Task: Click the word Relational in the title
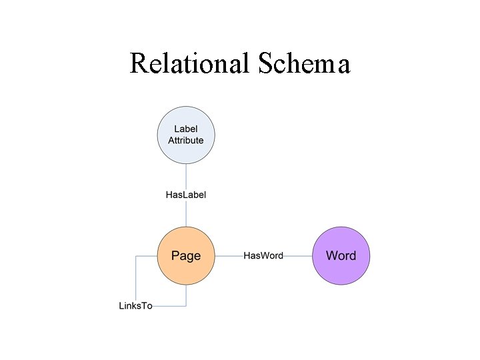(189, 63)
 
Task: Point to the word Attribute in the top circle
(185, 141)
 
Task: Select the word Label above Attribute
(185, 129)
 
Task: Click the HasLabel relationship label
(185, 195)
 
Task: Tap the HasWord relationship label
(263, 255)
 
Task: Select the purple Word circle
(341, 255)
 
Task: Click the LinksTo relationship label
(136, 306)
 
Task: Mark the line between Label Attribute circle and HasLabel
(185, 177)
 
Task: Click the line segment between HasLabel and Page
(185, 213)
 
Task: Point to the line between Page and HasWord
(228, 255)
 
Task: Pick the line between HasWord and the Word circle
(298, 255)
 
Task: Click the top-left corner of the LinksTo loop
(136, 255)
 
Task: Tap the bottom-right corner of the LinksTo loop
(185, 306)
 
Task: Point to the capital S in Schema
(261, 63)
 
